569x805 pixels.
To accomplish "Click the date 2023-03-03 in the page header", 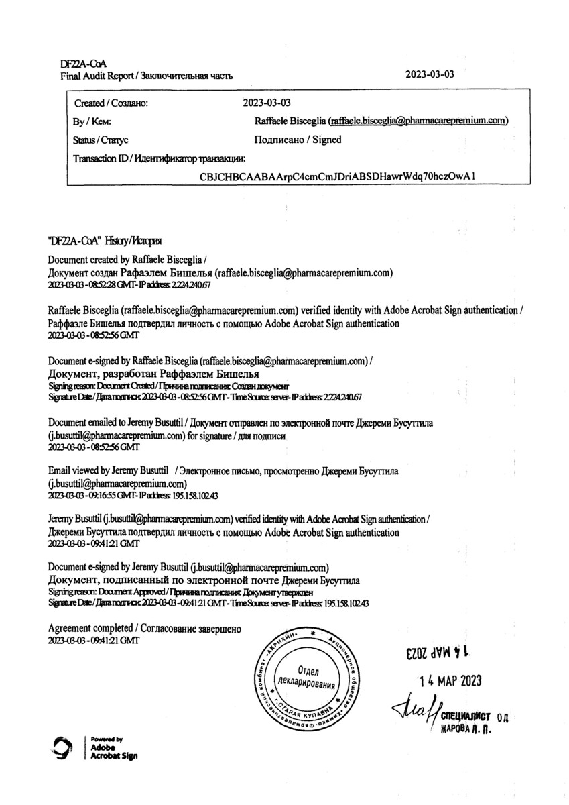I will click(x=430, y=74).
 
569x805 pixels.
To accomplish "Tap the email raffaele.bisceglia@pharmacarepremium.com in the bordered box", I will click(x=418, y=121).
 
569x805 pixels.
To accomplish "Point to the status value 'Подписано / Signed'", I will click(x=298, y=140).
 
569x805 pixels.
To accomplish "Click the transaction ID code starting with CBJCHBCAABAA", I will click(x=338, y=176).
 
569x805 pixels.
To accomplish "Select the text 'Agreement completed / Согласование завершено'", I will click(x=144, y=629).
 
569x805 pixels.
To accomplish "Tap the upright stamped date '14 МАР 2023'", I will click(x=450, y=681).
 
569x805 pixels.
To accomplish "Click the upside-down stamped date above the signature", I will click(x=436, y=651).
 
